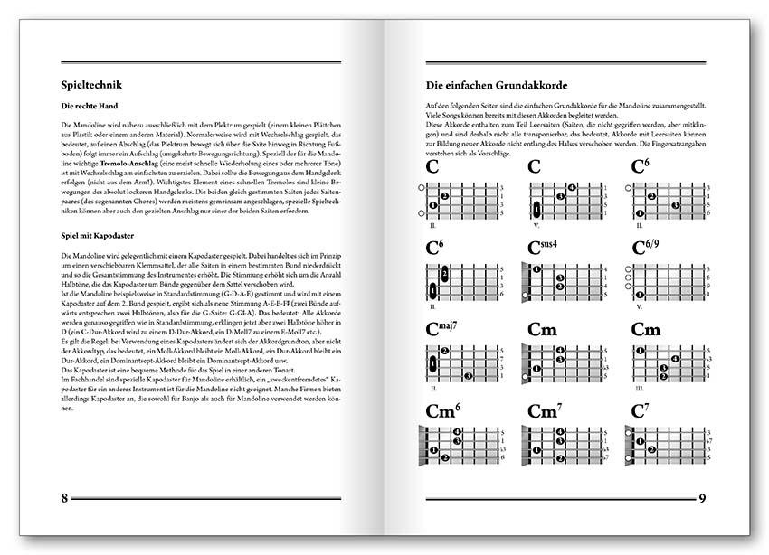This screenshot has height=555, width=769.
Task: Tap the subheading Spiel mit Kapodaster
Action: (93, 237)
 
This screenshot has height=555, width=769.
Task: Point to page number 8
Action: (64, 498)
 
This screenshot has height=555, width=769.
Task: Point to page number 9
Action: (702, 498)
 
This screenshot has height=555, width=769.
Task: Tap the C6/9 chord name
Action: (651, 248)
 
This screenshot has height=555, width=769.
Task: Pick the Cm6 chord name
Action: (443, 411)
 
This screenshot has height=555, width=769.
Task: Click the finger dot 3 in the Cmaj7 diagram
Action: (467, 373)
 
